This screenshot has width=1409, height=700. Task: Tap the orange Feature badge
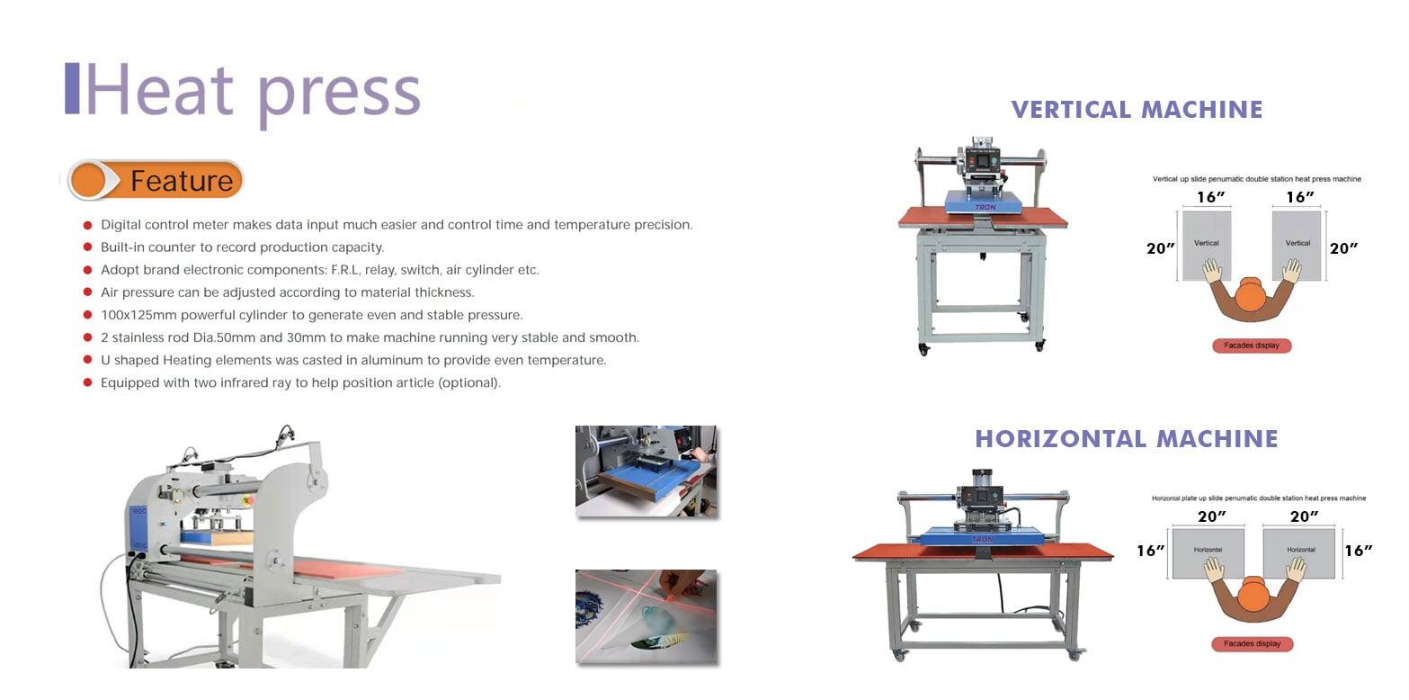point(156,181)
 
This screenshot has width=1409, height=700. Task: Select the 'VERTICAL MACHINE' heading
point(1137,110)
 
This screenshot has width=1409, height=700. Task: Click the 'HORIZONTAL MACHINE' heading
point(1127,439)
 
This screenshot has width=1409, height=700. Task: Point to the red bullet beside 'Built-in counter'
point(87,247)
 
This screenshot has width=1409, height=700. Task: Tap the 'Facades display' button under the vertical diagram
point(1252,346)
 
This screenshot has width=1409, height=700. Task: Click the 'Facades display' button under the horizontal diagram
point(1252,644)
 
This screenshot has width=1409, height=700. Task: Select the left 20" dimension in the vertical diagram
point(1160,248)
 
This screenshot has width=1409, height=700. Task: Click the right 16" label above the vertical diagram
point(1300,197)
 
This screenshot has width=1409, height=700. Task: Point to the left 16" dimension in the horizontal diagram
point(1150,551)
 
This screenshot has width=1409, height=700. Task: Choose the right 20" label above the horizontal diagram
point(1304,516)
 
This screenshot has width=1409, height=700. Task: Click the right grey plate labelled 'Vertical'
point(1297,246)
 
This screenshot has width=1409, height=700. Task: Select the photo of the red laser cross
point(646,616)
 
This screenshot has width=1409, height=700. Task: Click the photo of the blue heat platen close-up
point(646,471)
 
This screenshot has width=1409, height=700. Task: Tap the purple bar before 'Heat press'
point(72,88)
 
